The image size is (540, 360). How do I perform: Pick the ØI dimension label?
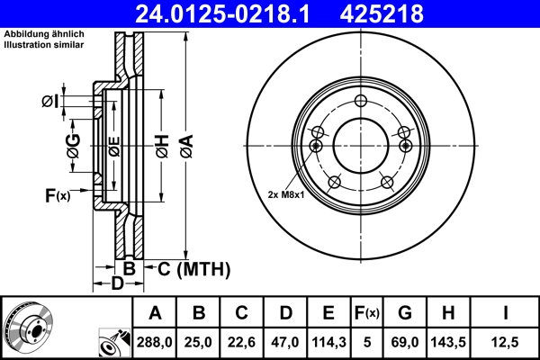click(x=52, y=101)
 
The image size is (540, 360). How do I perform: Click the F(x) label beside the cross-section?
click(x=57, y=195)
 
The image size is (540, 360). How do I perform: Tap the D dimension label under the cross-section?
click(x=116, y=285)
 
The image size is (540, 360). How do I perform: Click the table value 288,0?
click(x=155, y=343)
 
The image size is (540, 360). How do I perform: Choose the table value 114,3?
click(x=328, y=343)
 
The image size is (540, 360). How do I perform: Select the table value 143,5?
click(x=450, y=343)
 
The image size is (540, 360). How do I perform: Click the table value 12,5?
click(x=506, y=343)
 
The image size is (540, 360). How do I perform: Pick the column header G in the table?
click(x=405, y=313)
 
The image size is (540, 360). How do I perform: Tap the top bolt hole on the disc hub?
click(x=361, y=101)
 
